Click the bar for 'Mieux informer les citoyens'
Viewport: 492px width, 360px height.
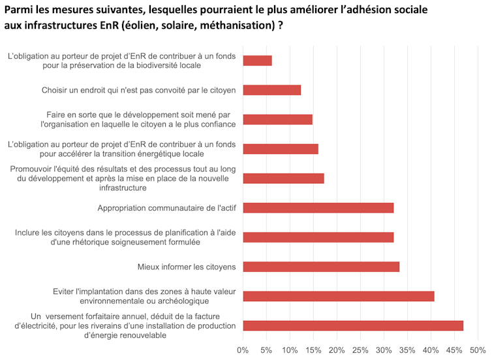[321, 267]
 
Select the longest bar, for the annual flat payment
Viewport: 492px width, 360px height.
[353, 325]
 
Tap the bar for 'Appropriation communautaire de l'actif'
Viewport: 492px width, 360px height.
[318, 208]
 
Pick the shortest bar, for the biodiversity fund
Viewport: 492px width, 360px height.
[257, 61]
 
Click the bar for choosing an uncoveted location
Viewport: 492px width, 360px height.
[272, 90]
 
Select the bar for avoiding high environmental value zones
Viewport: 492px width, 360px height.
[339, 296]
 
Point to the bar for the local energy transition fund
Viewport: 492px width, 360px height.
[281, 149]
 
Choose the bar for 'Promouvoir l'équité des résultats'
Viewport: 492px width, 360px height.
[283, 178]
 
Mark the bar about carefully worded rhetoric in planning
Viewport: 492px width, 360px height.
[318, 237]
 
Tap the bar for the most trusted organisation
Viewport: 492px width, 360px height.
[277, 119]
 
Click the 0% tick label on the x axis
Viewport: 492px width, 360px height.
[243, 350]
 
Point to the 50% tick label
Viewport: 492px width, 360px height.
[478, 350]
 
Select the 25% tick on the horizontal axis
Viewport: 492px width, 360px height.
[360, 350]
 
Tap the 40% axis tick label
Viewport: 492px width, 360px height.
[431, 350]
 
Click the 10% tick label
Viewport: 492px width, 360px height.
[290, 350]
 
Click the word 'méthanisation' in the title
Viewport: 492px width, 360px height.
[236, 26]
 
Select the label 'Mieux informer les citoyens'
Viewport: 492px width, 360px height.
[187, 267]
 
